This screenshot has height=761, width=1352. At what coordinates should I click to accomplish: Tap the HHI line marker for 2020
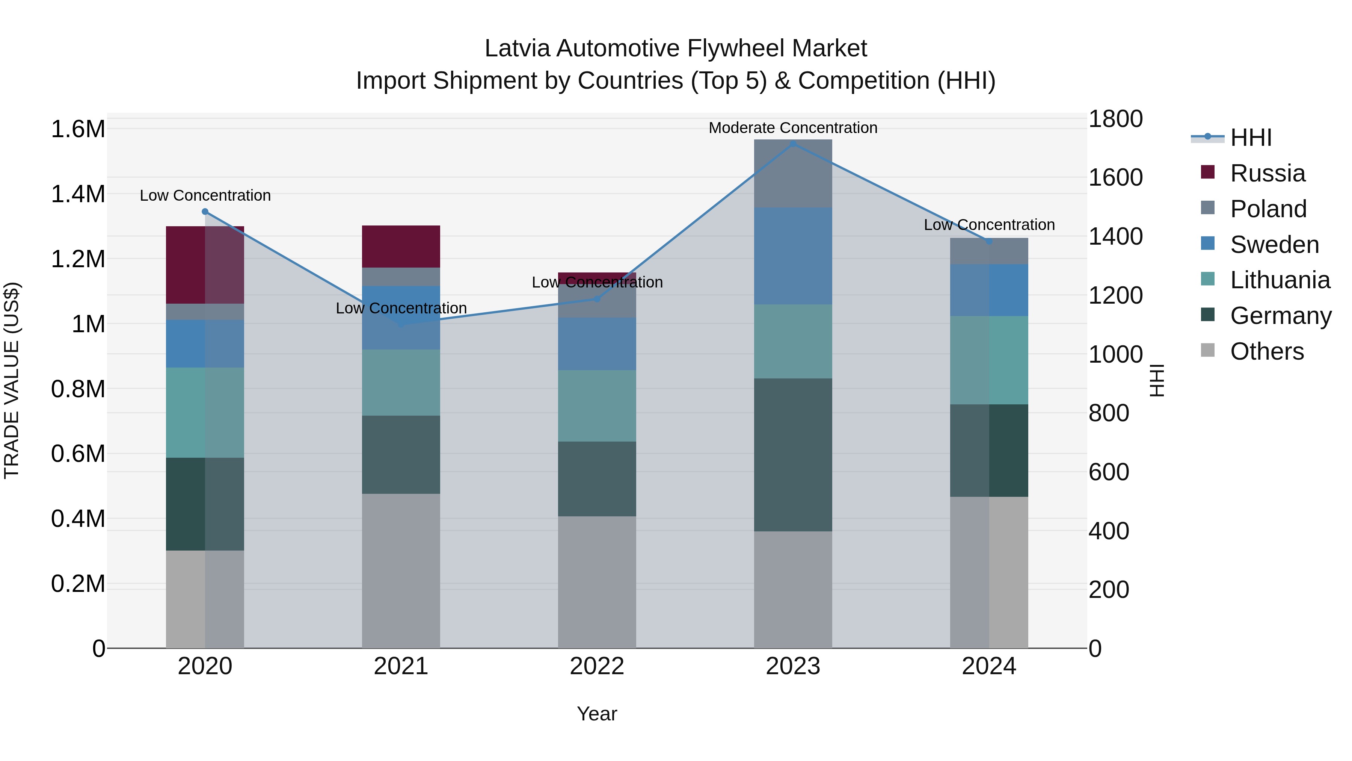coord(205,212)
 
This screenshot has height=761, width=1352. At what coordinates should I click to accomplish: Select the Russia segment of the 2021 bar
coord(401,246)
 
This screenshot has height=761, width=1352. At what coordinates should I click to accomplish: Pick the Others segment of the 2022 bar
coord(597,582)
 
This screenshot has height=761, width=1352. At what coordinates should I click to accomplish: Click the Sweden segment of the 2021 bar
coord(401,318)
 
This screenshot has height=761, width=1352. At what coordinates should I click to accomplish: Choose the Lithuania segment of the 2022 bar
coord(597,405)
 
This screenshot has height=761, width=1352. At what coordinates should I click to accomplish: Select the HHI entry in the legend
coord(1251,138)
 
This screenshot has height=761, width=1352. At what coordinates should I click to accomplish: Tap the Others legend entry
coord(1266,351)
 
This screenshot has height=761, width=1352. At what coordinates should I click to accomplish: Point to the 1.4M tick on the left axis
coord(78,194)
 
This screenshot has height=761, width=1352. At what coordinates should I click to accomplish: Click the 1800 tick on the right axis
coord(1115,119)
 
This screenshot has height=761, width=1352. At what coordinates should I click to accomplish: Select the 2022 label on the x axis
coord(597,666)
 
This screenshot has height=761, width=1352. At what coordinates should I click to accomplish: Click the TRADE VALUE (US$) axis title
coord(12,380)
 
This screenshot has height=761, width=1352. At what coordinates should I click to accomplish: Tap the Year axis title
coord(597,714)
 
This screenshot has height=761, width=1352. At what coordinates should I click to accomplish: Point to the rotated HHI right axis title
coord(1157,380)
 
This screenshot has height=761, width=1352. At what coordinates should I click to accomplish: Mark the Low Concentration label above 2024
coord(989,225)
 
